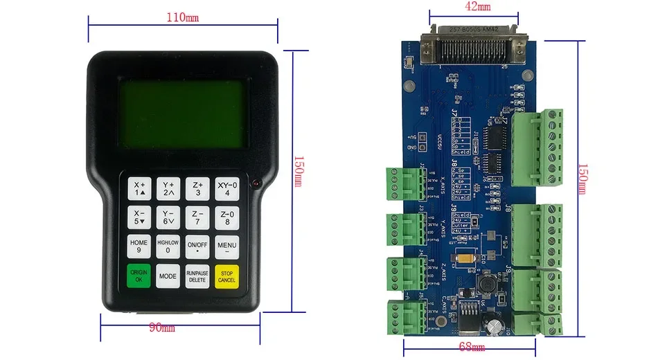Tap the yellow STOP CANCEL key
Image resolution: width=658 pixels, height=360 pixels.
[x=226, y=276]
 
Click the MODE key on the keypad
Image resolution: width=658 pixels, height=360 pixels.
[x=168, y=276]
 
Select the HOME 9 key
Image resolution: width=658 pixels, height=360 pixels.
[x=139, y=246]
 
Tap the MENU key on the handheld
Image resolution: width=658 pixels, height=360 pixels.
[x=226, y=246]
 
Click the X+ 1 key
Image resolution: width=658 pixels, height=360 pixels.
[x=139, y=188]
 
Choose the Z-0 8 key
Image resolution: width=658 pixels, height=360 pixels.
[x=226, y=217]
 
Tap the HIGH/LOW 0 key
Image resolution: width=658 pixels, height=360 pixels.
[x=168, y=246]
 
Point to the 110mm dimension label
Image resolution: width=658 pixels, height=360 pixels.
[x=182, y=17]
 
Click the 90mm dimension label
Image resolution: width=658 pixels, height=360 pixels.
[x=162, y=327]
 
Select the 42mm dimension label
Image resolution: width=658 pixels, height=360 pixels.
[x=477, y=6]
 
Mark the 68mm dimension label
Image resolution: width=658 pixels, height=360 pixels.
[x=472, y=346]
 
